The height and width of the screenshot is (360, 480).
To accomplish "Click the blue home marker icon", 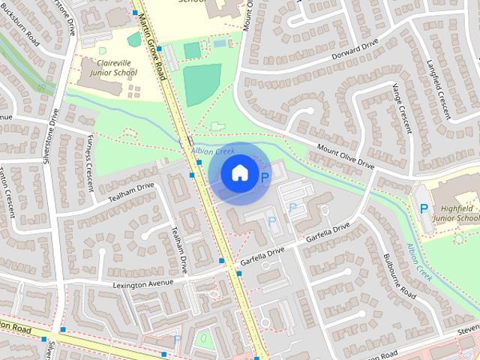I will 238,173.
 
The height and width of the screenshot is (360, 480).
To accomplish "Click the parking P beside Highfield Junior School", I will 424,208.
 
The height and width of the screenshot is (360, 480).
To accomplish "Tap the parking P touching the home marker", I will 264,177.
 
